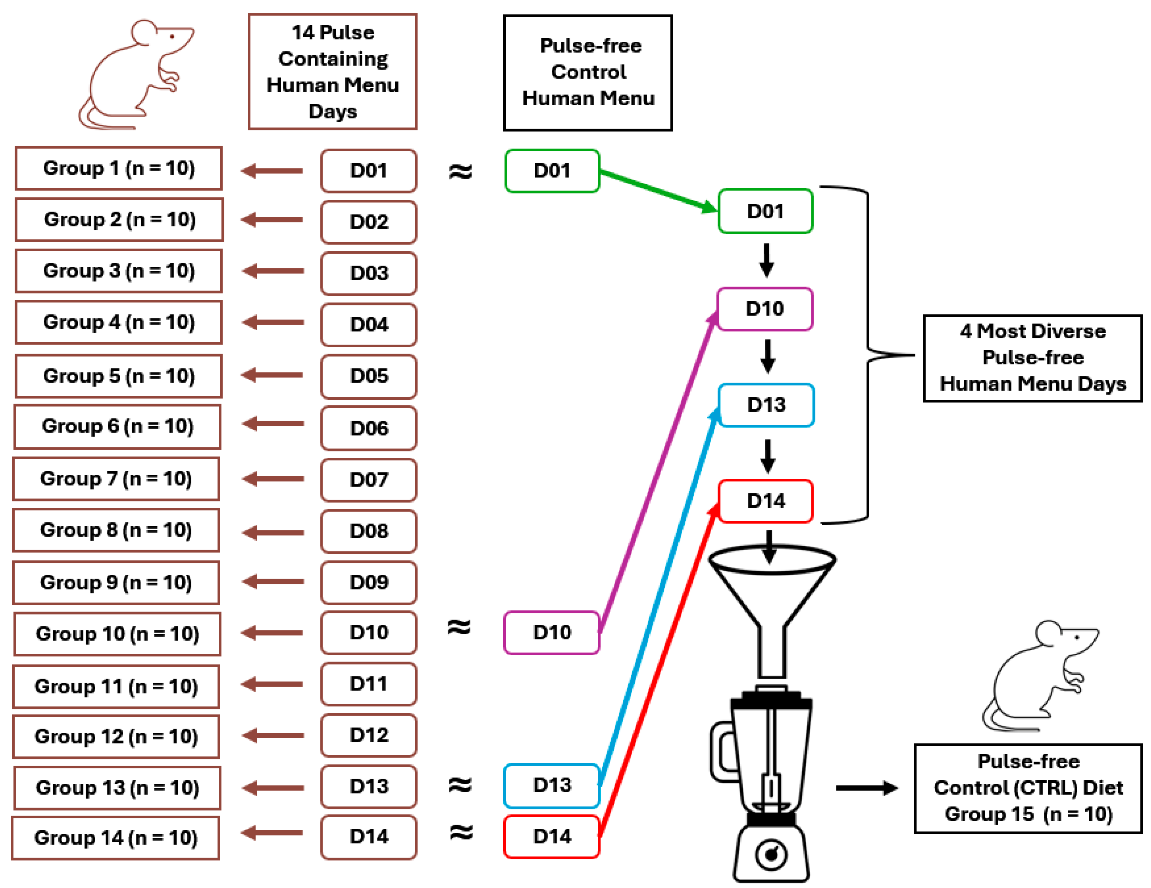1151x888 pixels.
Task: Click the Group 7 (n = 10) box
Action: pyautogui.click(x=116, y=478)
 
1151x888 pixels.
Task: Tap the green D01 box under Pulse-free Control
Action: pyautogui.click(x=552, y=170)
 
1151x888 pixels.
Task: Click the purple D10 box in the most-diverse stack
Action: pyautogui.click(x=765, y=309)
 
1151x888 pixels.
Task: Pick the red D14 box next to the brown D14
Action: pyautogui.click(x=551, y=836)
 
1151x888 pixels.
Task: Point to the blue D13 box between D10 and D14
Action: pyautogui.click(x=766, y=404)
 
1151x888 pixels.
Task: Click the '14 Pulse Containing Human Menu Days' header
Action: pyautogui.click(x=333, y=72)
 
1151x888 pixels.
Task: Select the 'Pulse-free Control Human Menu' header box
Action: pyautogui.click(x=588, y=73)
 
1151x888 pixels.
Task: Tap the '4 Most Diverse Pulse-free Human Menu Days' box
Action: pyautogui.click(x=1032, y=358)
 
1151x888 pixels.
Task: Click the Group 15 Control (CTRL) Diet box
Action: pyautogui.click(x=1028, y=788)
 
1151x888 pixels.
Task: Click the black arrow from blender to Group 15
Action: pyautogui.click(x=867, y=788)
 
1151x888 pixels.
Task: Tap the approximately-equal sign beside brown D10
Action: pyautogui.click(x=459, y=627)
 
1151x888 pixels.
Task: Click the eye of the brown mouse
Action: pyautogui.click(x=172, y=36)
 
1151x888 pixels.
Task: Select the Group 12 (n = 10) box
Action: pyautogui.click(x=116, y=736)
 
